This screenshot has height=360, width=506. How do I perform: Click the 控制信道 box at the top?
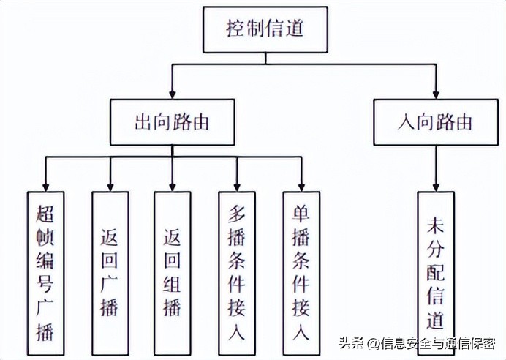[x=264, y=30]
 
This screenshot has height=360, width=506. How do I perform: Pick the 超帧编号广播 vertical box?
[x=45, y=270]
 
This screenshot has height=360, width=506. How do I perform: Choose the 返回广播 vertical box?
[x=110, y=270]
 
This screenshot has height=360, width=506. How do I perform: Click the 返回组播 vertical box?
[x=173, y=270]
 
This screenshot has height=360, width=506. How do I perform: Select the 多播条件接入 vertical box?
[x=236, y=270]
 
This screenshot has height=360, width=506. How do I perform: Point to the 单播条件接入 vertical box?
[x=301, y=270]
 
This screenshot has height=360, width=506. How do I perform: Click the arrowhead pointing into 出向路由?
[x=173, y=94]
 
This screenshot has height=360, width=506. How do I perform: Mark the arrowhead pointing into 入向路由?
[x=436, y=94]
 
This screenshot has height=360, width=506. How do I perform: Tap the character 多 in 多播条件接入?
[x=236, y=213]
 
